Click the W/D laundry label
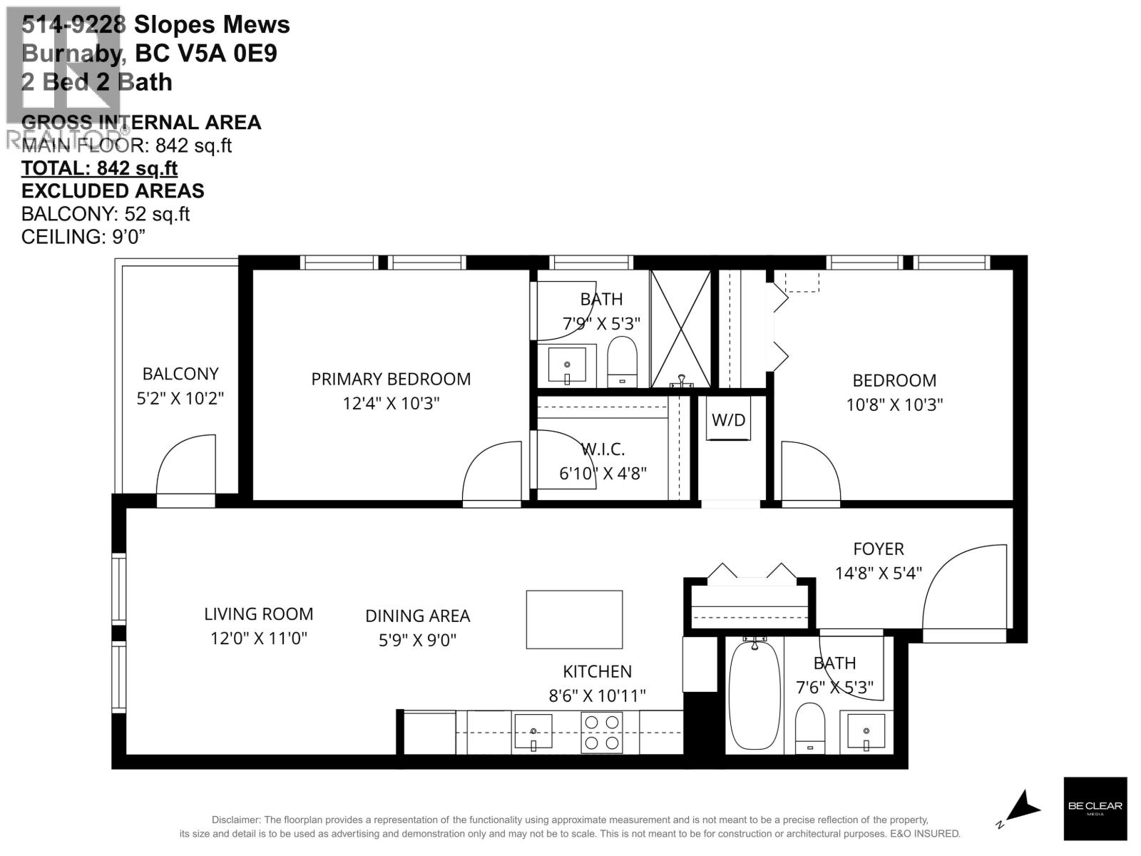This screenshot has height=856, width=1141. [x=728, y=420]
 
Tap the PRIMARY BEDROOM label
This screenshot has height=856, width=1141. [x=391, y=379]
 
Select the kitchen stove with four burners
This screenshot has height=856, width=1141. [x=602, y=733]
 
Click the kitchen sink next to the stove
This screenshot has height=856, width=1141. [x=533, y=733]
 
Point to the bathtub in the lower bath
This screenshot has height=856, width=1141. [x=754, y=695]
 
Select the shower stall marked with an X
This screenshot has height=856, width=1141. [x=680, y=328]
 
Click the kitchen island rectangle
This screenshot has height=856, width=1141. [x=574, y=619]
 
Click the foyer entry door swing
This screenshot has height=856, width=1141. [x=963, y=588]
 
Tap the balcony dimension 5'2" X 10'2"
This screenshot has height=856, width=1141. [x=180, y=398]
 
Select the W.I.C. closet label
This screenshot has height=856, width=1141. [x=603, y=449]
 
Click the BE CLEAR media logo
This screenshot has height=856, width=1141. [x=1095, y=807]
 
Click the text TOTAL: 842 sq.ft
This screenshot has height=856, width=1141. [x=99, y=168]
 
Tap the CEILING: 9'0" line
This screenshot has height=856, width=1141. [x=83, y=237]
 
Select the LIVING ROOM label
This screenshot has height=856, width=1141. [x=258, y=614]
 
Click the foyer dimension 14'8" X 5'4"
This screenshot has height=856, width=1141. [x=879, y=573]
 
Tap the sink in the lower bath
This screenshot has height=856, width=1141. [x=866, y=731]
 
